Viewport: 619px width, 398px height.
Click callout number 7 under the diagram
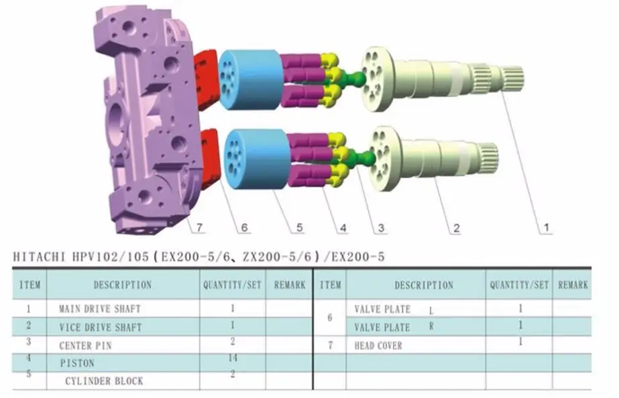[199, 228]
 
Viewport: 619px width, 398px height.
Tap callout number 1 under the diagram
[547, 227]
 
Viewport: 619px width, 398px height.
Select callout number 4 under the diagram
[343, 228]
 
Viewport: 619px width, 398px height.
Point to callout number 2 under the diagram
[456, 228]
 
